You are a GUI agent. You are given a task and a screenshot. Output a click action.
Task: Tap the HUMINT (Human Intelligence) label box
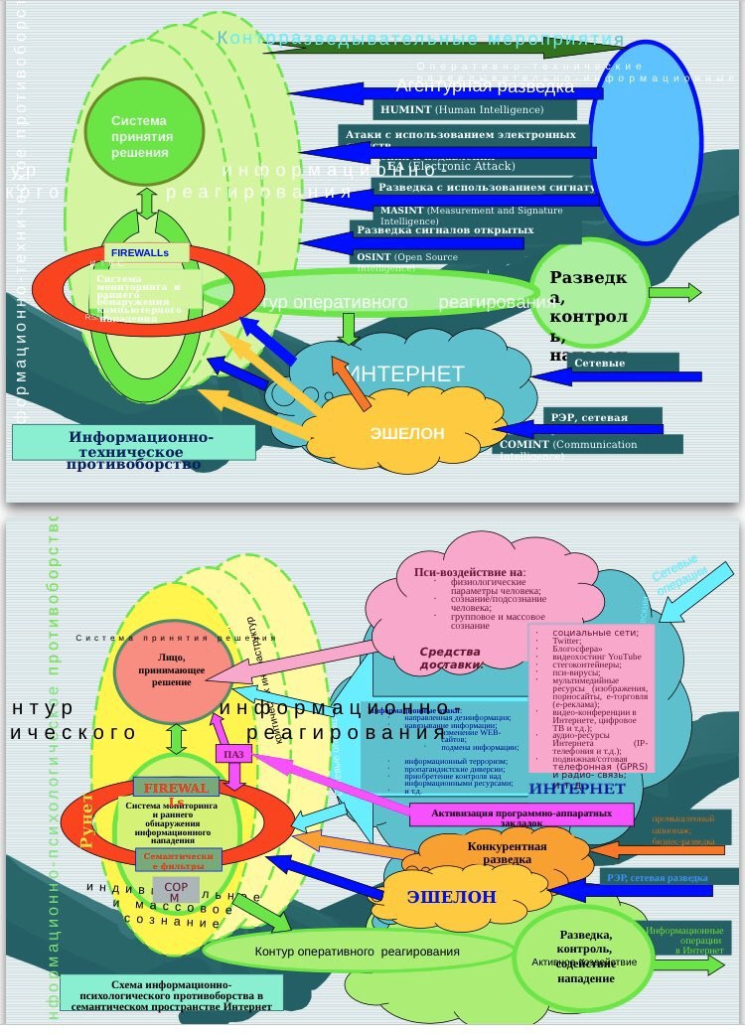click(475, 110)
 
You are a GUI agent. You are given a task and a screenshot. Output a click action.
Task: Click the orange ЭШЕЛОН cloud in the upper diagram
click(407, 433)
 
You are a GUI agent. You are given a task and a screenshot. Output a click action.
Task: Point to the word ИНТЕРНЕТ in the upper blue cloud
click(407, 374)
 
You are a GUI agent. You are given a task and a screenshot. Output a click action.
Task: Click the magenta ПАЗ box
click(233, 754)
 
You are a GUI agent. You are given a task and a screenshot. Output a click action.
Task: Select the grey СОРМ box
click(176, 889)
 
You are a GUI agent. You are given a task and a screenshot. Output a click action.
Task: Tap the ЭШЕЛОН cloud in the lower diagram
click(451, 897)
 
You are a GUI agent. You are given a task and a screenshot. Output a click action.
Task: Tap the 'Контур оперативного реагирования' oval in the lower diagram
click(357, 952)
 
